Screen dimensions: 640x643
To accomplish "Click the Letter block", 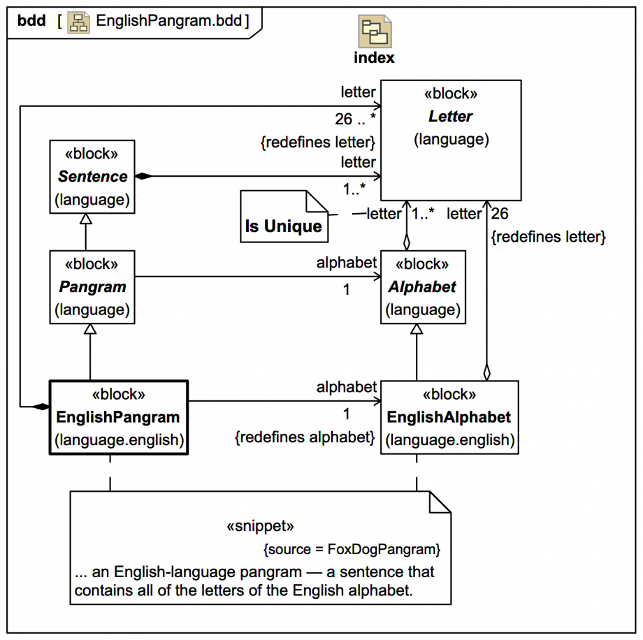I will click(451, 140).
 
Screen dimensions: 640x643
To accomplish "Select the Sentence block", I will click(92, 177).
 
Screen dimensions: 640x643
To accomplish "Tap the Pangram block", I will click(92, 286).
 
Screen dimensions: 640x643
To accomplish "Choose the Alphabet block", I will click(423, 286).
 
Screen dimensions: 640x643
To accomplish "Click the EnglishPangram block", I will click(118, 417).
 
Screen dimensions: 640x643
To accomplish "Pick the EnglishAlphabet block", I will click(449, 417).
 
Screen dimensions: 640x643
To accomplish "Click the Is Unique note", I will click(284, 217).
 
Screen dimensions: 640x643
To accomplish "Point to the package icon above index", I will click(375, 31).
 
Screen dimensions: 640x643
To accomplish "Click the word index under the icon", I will click(374, 57).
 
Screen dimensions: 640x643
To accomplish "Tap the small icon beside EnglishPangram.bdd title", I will click(78, 20).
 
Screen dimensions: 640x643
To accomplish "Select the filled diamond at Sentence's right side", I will click(143, 177).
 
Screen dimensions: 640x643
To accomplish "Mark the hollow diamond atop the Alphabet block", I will click(407, 242).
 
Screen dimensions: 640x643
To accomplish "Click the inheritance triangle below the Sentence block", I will click(85, 219).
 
